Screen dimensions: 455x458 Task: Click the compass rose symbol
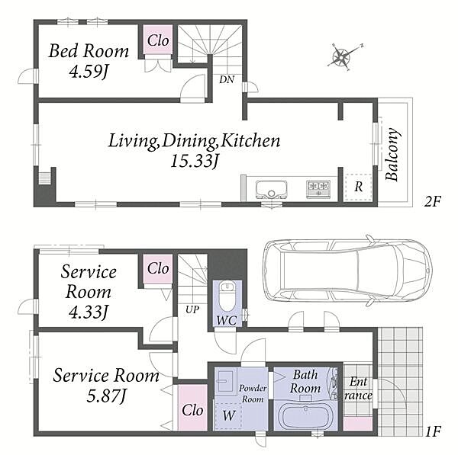(x=342, y=56)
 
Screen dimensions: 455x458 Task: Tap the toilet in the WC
(x=225, y=293)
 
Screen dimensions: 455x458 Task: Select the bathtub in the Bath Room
(x=304, y=417)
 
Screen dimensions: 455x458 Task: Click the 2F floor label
(x=433, y=201)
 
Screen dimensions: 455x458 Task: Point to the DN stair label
(x=227, y=79)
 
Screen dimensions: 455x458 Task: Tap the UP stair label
(x=192, y=310)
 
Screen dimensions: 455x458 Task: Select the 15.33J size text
(x=194, y=162)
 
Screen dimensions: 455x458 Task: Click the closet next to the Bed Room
(x=158, y=40)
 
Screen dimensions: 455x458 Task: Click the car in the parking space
(x=346, y=270)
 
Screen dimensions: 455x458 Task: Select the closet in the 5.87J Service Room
(x=192, y=409)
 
